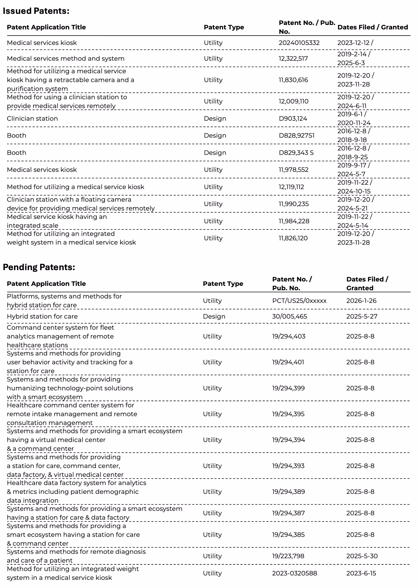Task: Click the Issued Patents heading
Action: (x=36, y=11)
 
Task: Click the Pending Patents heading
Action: (x=39, y=267)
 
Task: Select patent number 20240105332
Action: (x=299, y=43)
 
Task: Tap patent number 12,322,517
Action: (x=293, y=58)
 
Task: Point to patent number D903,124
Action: (x=293, y=118)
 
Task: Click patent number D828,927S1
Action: (x=296, y=135)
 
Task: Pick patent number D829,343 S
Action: (x=296, y=153)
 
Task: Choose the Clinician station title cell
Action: (x=32, y=118)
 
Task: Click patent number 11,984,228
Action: (x=294, y=221)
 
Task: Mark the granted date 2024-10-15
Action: (x=354, y=191)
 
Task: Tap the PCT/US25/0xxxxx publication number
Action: (x=299, y=301)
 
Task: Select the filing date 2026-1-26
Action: (x=361, y=301)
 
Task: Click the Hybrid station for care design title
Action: (x=42, y=316)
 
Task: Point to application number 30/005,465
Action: (x=290, y=316)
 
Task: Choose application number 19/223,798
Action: (x=288, y=556)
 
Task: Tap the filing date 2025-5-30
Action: (x=362, y=556)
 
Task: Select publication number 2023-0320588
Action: (x=295, y=573)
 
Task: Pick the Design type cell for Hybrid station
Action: (x=214, y=316)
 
